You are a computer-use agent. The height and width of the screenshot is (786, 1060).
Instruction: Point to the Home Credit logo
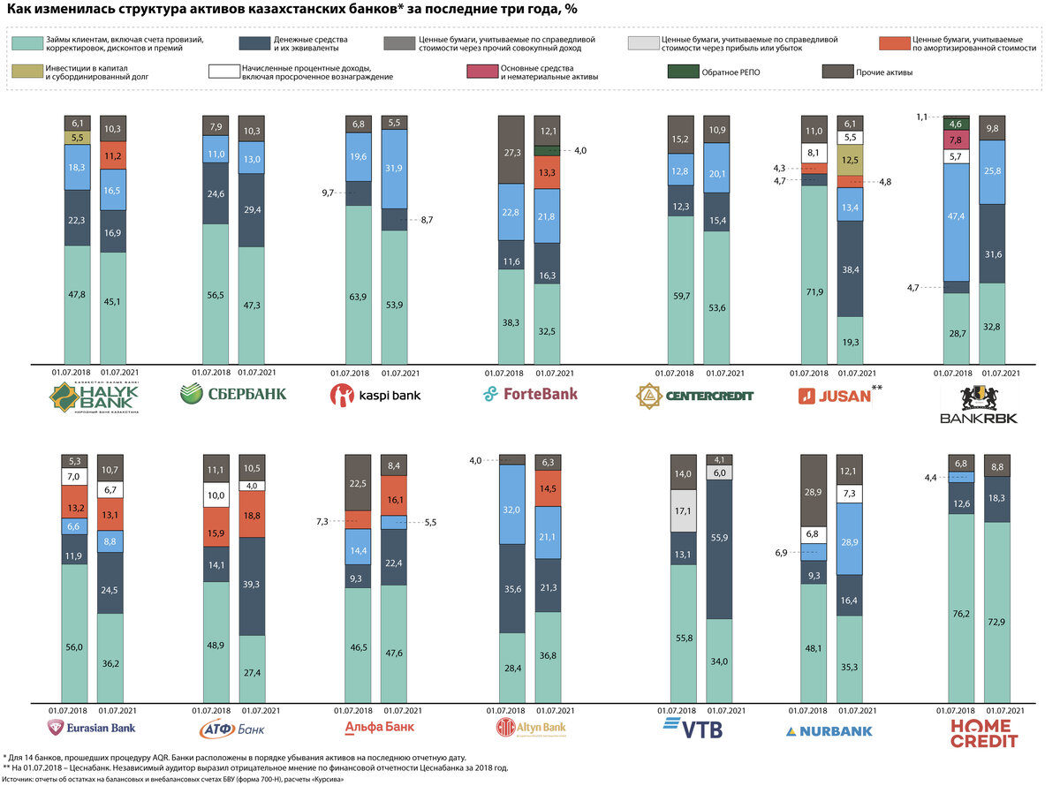(983, 732)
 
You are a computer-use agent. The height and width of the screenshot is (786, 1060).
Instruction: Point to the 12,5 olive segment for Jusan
(850, 160)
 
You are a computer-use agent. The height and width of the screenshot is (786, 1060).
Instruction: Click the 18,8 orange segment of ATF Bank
(252, 514)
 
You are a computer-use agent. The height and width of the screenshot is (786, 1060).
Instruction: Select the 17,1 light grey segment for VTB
(683, 511)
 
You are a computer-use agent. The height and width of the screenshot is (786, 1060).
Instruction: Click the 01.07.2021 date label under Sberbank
(256, 372)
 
